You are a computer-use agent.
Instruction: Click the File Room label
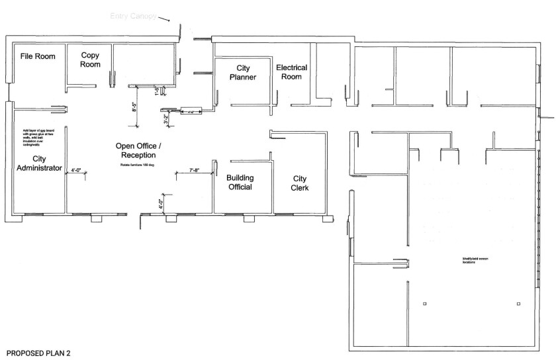pos(37,56)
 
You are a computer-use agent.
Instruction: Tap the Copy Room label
pos(91,60)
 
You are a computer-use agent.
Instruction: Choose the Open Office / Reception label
pos(138,150)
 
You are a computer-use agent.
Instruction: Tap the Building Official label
pos(240,183)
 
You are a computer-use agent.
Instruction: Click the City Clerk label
pos(300,183)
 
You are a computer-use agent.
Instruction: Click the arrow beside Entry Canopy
pos(165,20)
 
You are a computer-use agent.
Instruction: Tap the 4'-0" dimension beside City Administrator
pos(77,170)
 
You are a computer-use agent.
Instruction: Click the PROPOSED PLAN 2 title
pos(38,354)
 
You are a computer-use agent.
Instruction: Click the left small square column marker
pos(424,304)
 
